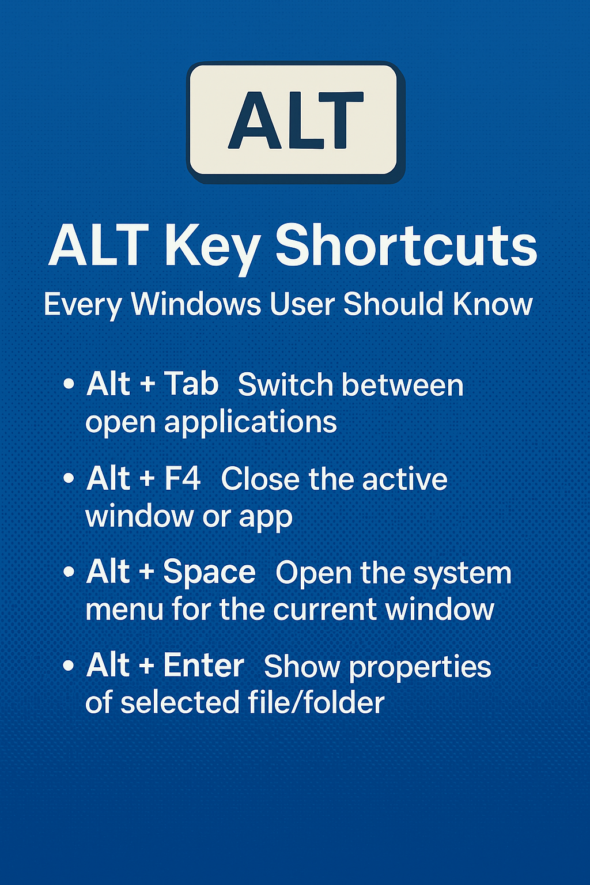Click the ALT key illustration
click(x=296, y=122)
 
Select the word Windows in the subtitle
click(x=196, y=305)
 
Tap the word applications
click(x=251, y=423)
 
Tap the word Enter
click(x=204, y=665)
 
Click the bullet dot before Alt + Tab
click(x=69, y=384)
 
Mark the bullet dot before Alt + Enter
click(x=69, y=667)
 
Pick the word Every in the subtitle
click(x=82, y=305)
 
